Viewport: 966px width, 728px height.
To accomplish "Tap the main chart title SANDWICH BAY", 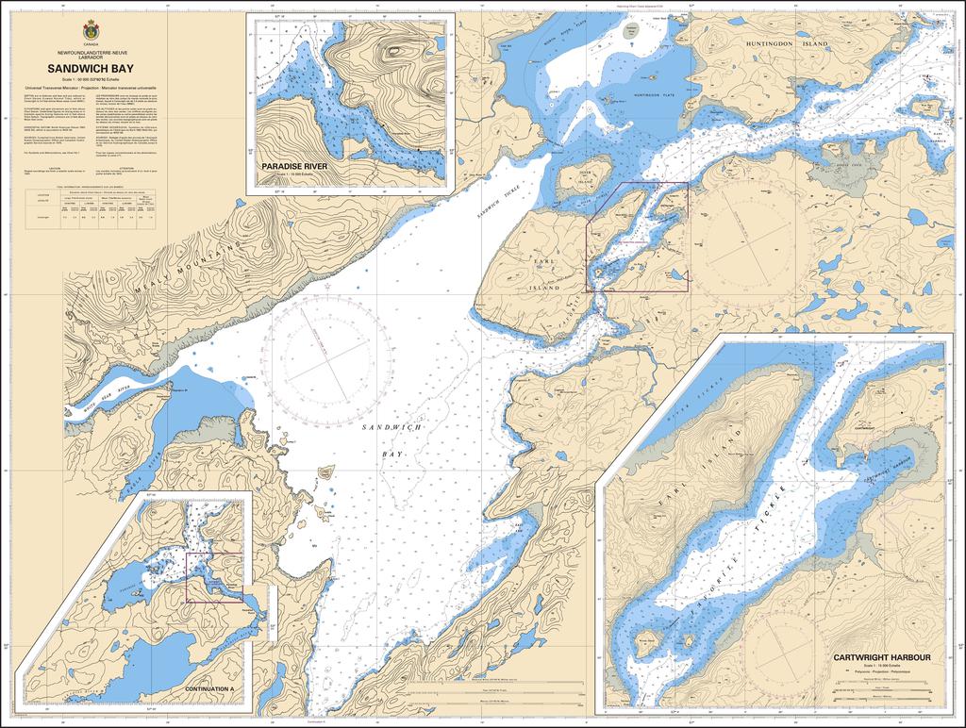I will (x=91, y=69).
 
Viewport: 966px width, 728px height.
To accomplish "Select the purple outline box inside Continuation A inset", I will (x=214, y=577).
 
